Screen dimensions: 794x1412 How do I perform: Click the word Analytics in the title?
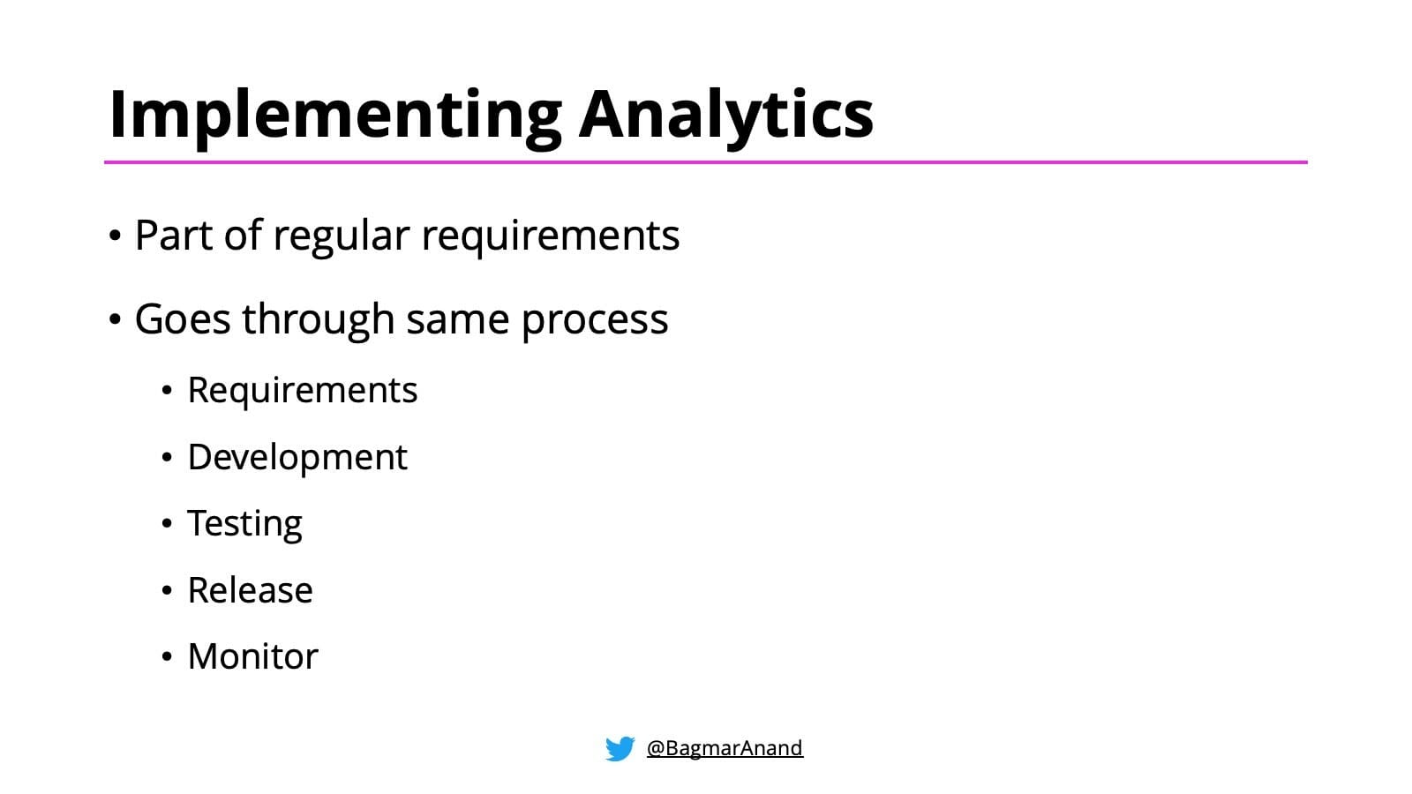(x=725, y=115)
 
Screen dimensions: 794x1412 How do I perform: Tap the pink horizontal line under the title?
(x=706, y=162)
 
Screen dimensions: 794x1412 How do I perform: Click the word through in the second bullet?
(x=318, y=319)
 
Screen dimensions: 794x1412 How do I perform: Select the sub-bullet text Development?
(x=297, y=458)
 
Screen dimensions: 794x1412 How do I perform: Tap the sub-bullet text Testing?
(x=244, y=524)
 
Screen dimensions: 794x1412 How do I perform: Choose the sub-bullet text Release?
(x=250, y=590)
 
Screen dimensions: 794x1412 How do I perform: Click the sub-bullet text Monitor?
(x=252, y=657)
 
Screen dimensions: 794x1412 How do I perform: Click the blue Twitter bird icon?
(x=620, y=748)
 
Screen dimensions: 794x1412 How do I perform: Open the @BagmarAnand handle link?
(x=725, y=748)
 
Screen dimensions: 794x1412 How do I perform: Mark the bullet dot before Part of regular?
(x=115, y=236)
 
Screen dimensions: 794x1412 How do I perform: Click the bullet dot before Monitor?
(x=167, y=657)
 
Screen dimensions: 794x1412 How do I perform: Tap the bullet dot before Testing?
(x=167, y=524)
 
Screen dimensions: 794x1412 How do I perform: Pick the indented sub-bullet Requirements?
(x=302, y=391)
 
